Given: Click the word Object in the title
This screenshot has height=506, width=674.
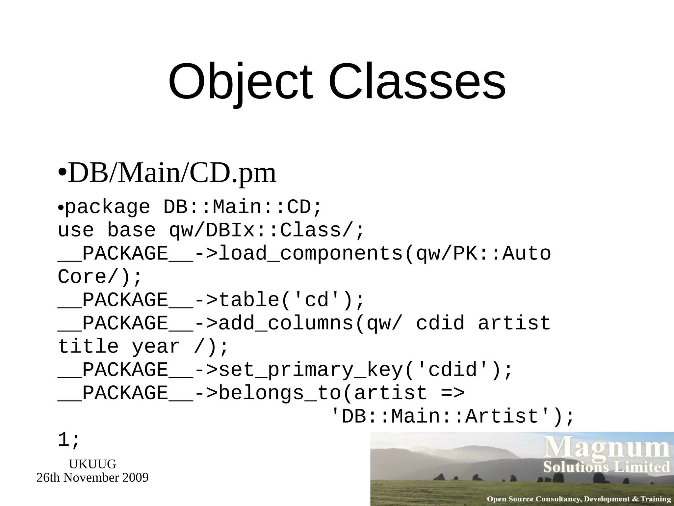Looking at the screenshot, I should pos(240,82).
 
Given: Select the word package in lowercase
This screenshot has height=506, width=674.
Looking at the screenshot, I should pos(108,207).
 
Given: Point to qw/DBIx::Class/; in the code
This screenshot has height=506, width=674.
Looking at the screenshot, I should pos(267,230).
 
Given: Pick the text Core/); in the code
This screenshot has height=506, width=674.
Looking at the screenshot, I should pos(99,277).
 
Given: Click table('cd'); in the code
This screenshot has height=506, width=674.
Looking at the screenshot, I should pos(291,300).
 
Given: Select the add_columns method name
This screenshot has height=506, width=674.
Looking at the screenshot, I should pos(286,323).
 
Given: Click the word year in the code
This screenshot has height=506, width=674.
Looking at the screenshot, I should pos(156,347).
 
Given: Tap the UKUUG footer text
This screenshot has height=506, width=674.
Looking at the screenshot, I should pos(92,464).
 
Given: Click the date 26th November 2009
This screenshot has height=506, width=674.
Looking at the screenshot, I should pos(92,478).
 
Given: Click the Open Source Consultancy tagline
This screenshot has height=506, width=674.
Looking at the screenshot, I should pos(578,499).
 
